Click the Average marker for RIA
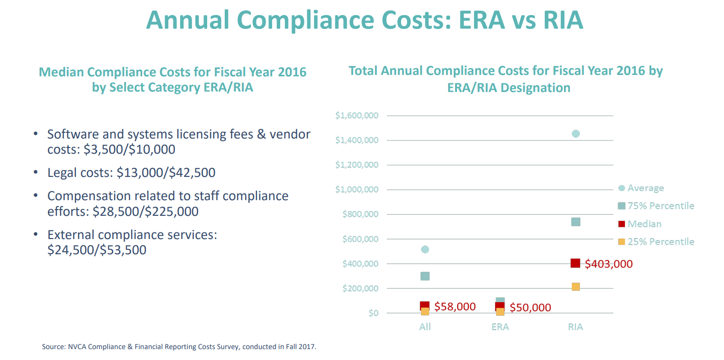(x=576, y=134)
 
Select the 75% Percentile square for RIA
(x=576, y=222)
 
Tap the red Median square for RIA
(x=576, y=263)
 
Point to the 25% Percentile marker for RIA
(x=576, y=286)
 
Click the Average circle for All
(x=425, y=249)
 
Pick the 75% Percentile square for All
(x=425, y=276)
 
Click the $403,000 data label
(x=609, y=264)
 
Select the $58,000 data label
(x=455, y=307)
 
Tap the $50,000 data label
(x=530, y=308)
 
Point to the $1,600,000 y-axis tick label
(x=357, y=116)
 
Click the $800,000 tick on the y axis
(x=360, y=214)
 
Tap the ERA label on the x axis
(x=500, y=327)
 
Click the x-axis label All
(x=425, y=327)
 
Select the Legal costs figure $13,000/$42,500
(x=166, y=173)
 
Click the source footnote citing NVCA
(x=179, y=347)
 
